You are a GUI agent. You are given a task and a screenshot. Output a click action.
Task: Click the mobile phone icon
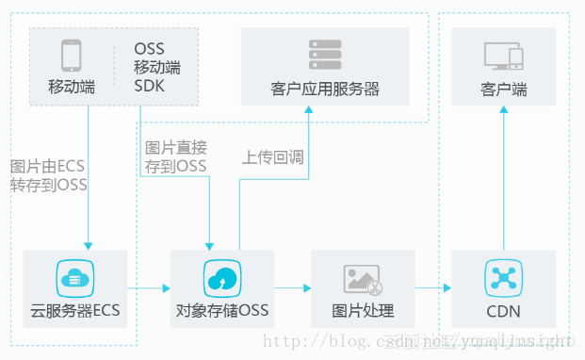72,57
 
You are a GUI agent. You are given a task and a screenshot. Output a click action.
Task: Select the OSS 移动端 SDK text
156,67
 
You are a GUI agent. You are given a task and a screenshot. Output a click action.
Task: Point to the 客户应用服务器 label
325,90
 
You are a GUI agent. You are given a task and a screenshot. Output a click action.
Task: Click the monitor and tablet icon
503,57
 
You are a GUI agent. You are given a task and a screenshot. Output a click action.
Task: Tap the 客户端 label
504,90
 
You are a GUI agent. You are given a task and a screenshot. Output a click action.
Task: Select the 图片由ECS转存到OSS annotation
48,175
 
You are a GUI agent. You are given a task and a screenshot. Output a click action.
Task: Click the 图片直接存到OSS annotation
176,156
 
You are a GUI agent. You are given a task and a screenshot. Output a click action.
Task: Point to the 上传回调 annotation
273,157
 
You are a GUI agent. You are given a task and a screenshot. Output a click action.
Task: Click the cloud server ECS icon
74,278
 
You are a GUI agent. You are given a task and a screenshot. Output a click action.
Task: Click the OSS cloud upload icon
219,278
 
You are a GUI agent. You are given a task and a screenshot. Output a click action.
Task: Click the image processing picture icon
363,278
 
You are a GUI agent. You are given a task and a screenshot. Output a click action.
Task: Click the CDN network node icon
503,278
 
